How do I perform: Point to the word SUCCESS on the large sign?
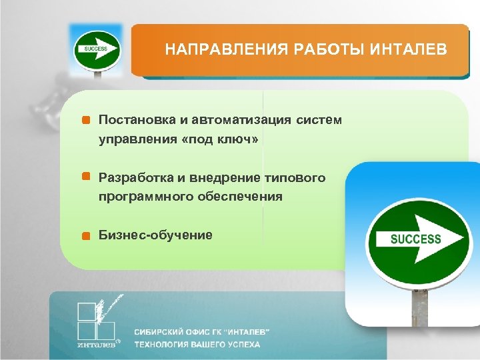click(415, 239)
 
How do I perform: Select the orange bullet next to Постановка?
click(85, 121)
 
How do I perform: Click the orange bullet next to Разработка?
click(85, 177)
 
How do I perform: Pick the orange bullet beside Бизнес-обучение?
click(85, 235)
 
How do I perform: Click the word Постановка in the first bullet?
click(136, 120)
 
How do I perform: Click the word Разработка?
click(136, 177)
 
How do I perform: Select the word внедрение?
click(225, 177)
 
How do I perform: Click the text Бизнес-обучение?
click(155, 235)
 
